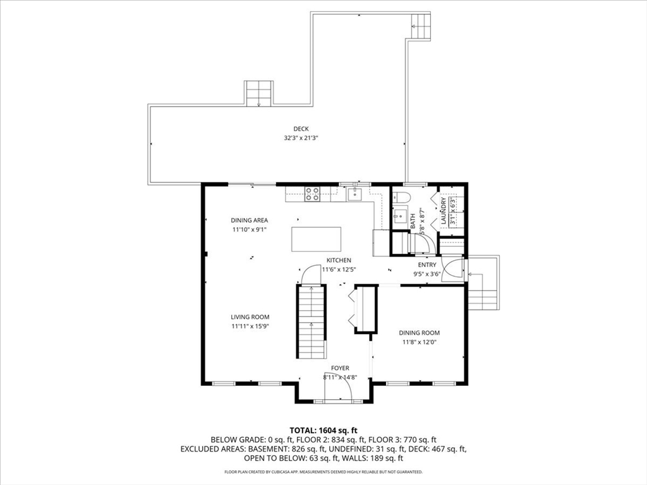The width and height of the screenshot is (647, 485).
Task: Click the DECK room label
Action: point(301,129)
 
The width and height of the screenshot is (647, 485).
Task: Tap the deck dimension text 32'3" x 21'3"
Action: point(301,138)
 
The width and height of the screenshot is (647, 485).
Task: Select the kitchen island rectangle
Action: point(316,239)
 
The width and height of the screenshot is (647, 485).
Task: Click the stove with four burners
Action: point(312,194)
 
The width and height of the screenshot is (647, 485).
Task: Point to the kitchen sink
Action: point(354,193)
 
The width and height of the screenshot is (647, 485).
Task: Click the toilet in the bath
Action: point(401,198)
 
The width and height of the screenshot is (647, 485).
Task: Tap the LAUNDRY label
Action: point(444,211)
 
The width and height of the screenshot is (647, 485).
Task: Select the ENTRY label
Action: point(426,265)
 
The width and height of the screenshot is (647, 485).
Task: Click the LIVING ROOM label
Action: point(250,317)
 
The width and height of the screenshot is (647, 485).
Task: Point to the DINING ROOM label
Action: point(420,333)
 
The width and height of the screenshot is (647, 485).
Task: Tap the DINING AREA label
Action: point(249,220)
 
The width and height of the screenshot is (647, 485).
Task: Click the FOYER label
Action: point(340,368)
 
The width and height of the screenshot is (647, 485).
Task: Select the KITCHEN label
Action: point(339,260)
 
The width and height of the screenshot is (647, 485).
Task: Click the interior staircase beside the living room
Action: point(311,321)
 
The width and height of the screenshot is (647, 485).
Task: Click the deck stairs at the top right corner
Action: point(421,25)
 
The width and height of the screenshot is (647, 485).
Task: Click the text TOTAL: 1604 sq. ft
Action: point(323,431)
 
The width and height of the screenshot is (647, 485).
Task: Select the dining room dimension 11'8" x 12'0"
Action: point(420,342)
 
